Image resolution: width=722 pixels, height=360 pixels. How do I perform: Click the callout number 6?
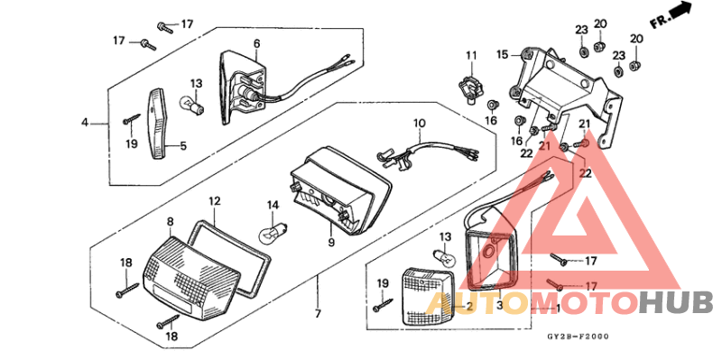pyautogui.click(x=256, y=43)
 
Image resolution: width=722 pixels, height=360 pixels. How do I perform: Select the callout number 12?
pyautogui.click(x=215, y=200)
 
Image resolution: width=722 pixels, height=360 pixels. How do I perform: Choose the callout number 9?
pyautogui.click(x=331, y=242)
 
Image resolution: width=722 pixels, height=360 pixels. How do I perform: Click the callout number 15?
pyautogui.click(x=502, y=54)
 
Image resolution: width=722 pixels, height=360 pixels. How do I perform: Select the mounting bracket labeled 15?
pyautogui.click(x=569, y=90)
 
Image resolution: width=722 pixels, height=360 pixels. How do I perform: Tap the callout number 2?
pyautogui.click(x=469, y=307)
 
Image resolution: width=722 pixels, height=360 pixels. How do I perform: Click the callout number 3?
pyautogui.click(x=499, y=307)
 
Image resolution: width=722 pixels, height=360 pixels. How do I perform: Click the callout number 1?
pyautogui.click(x=556, y=308)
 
